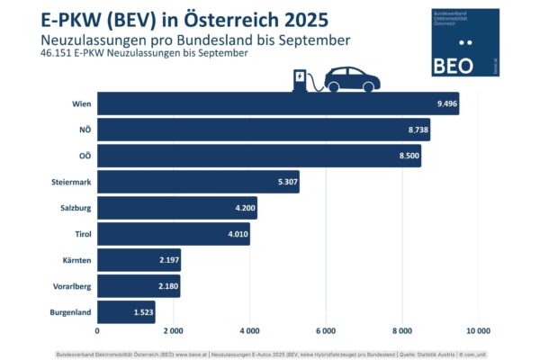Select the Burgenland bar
click(x=126, y=312)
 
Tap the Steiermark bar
click(x=198, y=182)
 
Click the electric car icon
click(x=352, y=79)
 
